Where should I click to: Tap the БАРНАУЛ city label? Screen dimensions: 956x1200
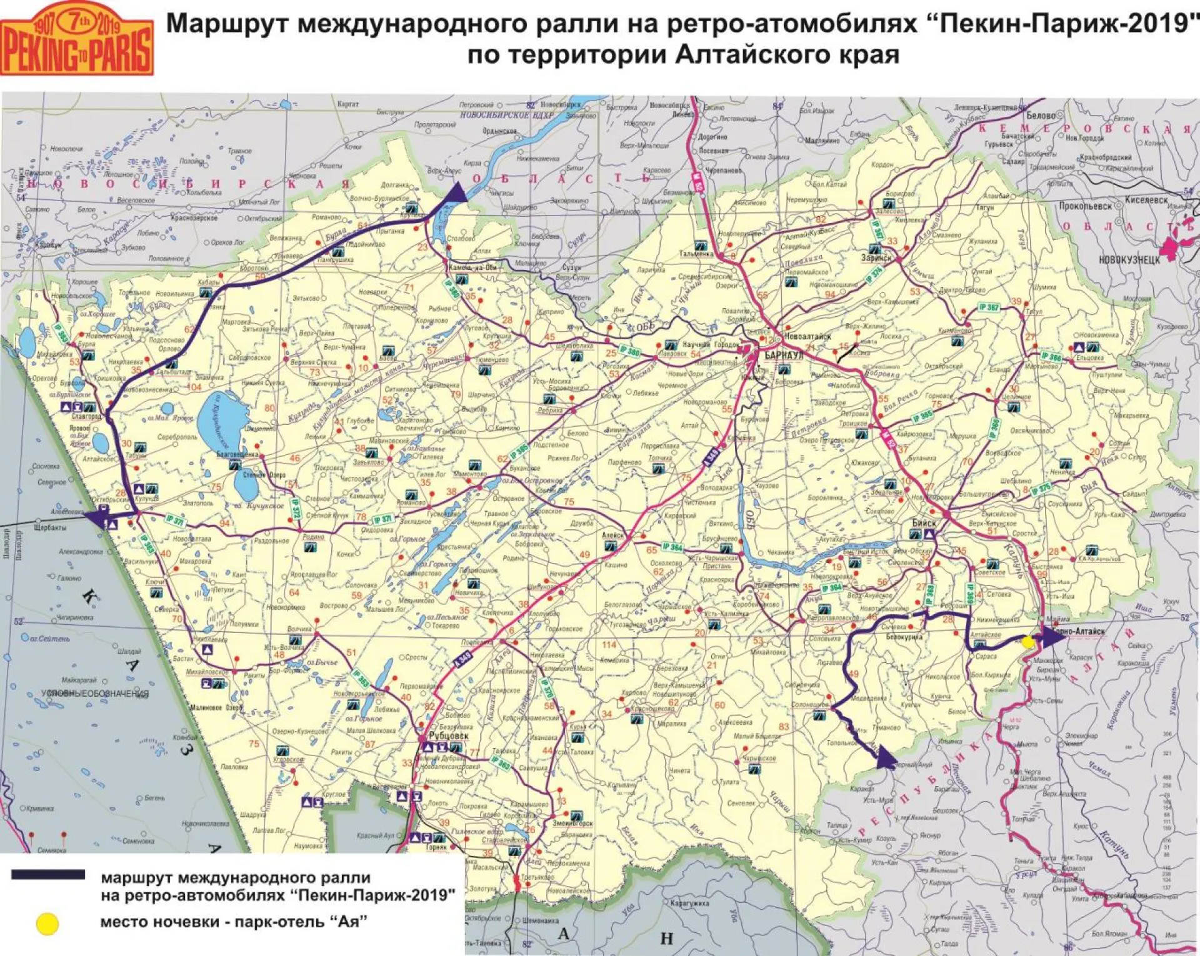(784, 356)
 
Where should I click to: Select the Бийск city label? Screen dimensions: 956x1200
(924, 523)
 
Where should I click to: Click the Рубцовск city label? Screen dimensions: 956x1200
(448, 736)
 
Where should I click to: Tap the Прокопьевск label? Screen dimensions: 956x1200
(1085, 206)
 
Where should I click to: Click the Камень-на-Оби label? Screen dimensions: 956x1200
(472, 267)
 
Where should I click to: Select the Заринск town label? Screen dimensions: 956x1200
(876, 258)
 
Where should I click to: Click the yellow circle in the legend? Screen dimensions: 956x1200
(47, 924)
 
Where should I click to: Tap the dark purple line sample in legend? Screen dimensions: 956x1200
(48, 875)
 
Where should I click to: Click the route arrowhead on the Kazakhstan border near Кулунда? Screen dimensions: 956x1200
(96, 519)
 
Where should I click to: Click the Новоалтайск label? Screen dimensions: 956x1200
(807, 336)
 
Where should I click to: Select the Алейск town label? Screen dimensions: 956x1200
(612, 535)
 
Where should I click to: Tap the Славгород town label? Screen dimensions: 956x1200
(86, 416)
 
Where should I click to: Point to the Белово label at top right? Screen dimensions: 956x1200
(1041, 116)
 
